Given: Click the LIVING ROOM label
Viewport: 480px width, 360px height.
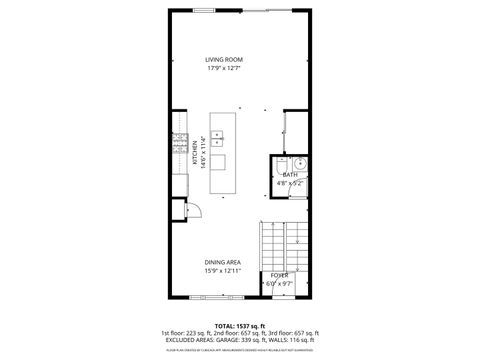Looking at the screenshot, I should click(224, 60).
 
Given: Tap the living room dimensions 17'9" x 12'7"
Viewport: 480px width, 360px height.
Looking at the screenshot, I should click(224, 69).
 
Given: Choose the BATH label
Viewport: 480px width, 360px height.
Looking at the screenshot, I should click(289, 175).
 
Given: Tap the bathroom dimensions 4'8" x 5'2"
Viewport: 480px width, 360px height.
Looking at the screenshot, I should click(289, 183).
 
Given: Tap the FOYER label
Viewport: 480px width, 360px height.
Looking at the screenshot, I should click(279, 275).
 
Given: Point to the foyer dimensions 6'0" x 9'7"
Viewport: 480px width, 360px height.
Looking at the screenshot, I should click(279, 283).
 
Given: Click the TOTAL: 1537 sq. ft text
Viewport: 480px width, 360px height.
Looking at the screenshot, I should click(238, 326).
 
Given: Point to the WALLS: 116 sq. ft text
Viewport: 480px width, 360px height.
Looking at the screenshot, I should click(297, 340).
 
